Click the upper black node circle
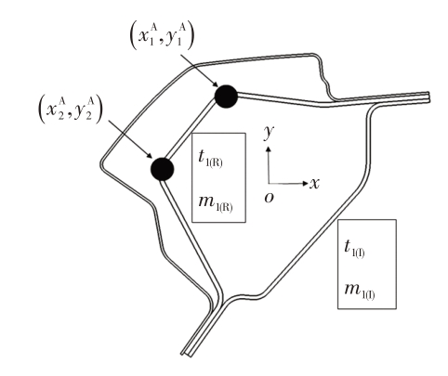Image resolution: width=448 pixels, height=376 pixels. (226, 97)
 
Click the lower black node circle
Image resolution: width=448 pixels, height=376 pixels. (162, 169)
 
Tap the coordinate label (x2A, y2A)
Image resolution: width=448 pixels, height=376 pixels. (70, 110)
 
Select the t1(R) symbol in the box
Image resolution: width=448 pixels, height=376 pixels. (210, 159)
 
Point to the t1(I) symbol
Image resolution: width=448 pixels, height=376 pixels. (354, 249)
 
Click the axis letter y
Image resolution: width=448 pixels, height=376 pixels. (269, 133)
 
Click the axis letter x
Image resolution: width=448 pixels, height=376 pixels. (314, 184)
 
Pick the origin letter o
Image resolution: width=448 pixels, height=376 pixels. (270, 198)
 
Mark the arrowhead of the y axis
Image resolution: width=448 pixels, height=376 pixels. (269, 149)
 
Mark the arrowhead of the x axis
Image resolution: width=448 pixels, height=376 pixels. (306, 184)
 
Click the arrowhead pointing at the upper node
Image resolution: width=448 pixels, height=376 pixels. (215, 84)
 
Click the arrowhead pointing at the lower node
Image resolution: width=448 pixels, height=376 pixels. (150, 156)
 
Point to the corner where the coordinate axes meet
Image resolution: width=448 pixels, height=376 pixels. (269, 184)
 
